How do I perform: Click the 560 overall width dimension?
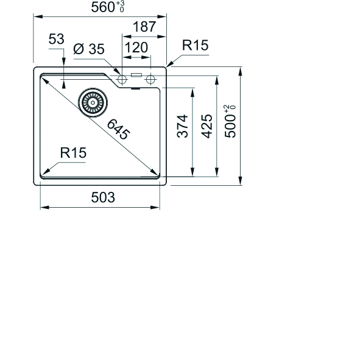[x=103, y=7]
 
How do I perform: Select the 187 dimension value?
[x=144, y=27]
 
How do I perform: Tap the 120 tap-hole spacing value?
[x=136, y=48]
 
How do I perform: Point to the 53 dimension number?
[x=56, y=39]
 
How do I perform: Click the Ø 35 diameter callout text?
[x=89, y=49]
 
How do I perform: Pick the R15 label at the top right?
[x=195, y=45]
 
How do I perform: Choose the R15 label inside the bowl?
[x=73, y=153]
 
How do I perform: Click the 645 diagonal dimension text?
[x=118, y=129]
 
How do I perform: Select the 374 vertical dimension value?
[x=183, y=126]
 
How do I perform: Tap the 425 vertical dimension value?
[x=207, y=126]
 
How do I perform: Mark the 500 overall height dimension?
[x=230, y=126]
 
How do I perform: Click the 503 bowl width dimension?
[x=103, y=197]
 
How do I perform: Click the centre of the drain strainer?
[x=93, y=102]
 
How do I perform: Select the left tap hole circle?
[x=122, y=80]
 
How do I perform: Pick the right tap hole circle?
[x=150, y=80]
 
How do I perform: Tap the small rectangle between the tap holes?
[x=136, y=75]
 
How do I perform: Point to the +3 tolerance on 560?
[x=121, y=3]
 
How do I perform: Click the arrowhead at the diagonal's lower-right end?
[x=154, y=172]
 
